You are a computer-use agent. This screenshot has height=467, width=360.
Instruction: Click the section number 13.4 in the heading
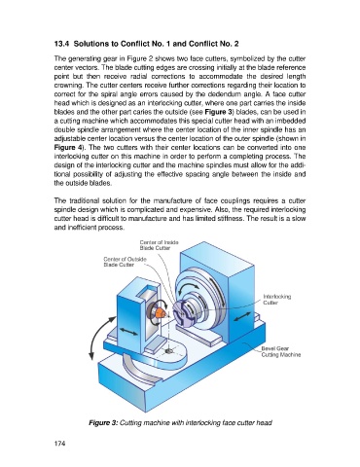click(61, 44)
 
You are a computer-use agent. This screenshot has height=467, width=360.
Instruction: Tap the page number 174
click(59, 444)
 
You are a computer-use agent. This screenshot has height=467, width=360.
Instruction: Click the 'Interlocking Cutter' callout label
click(276, 300)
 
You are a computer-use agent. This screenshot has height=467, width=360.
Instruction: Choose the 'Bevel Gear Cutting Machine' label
click(281, 351)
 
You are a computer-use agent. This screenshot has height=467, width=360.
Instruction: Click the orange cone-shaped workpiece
click(161, 313)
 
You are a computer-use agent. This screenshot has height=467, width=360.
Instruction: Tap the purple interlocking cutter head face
click(181, 314)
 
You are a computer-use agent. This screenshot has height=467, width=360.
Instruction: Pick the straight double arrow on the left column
click(128, 332)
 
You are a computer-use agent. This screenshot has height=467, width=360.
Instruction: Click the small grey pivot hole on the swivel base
click(168, 351)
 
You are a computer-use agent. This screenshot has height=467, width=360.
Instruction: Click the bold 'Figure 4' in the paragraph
click(68, 148)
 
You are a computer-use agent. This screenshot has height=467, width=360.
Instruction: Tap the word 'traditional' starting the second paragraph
click(84, 200)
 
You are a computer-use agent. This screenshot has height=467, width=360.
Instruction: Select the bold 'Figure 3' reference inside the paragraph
click(217, 112)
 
